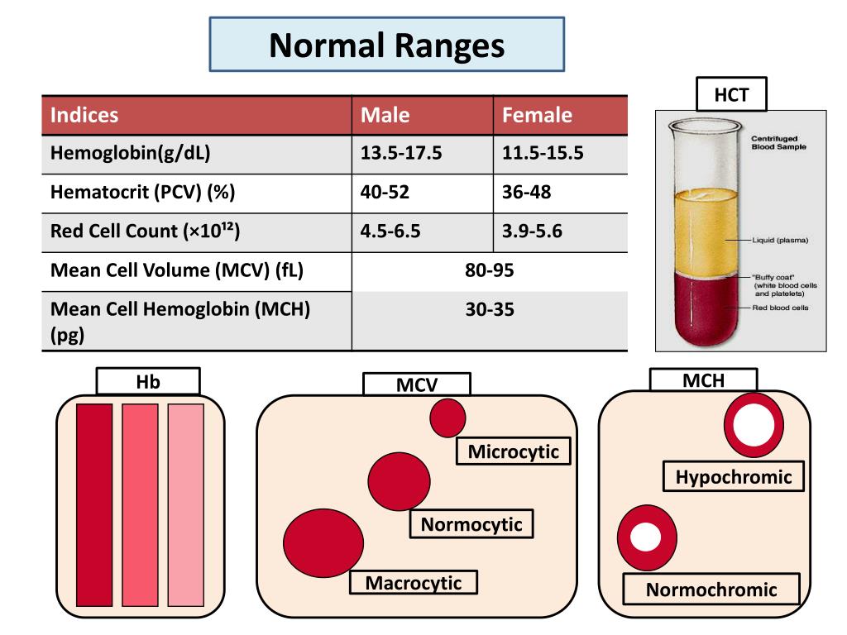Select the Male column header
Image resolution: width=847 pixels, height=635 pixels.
coord(385,115)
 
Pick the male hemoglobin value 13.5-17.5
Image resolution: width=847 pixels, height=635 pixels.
coord(401,154)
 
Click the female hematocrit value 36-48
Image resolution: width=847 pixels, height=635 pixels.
coord(526,193)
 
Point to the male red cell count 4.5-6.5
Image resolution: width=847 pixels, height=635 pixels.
coord(390,232)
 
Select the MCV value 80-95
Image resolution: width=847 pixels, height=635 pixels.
coord(489,270)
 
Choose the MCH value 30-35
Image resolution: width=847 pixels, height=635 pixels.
coord(489,310)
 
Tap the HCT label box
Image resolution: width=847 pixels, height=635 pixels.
coord(731,95)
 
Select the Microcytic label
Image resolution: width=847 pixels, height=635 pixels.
coord(513,451)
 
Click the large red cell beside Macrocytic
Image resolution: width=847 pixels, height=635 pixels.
coord(323,543)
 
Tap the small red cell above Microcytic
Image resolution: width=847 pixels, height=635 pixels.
coord(447,418)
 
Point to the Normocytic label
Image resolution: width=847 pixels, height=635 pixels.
coord(471,524)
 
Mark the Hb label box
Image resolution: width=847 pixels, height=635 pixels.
coord(148,381)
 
